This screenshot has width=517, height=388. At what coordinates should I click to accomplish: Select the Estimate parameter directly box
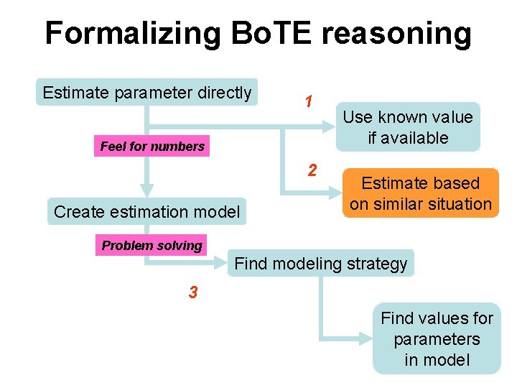pyautogui.click(x=147, y=93)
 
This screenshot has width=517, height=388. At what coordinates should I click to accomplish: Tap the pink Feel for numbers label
pyautogui.click(x=152, y=147)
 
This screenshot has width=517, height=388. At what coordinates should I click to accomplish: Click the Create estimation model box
pyautogui.click(x=147, y=212)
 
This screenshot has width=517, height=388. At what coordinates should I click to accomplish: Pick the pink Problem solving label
pyautogui.click(x=152, y=246)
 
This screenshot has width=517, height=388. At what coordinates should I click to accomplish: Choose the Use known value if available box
pyautogui.click(x=407, y=127)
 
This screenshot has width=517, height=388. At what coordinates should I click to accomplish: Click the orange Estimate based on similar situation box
pyautogui.click(x=420, y=193)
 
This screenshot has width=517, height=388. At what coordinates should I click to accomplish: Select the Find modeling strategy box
pyautogui.click(x=321, y=264)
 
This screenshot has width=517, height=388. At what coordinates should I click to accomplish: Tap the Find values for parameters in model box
pyautogui.click(x=437, y=338)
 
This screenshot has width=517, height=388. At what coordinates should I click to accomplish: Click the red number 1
pyautogui.click(x=307, y=102)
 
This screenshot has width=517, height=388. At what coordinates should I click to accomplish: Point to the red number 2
pyautogui.click(x=312, y=170)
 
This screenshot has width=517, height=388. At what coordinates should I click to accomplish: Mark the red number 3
pyautogui.click(x=193, y=292)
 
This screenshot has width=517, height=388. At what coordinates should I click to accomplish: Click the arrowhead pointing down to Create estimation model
pyautogui.click(x=147, y=191)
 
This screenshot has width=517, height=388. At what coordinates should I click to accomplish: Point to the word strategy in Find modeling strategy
pyautogui.click(x=377, y=264)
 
